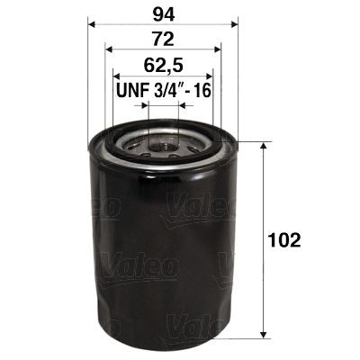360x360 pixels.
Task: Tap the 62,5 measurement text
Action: point(162,66)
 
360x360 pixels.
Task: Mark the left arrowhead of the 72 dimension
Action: point(109,51)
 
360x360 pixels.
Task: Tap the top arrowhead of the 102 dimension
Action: point(262,147)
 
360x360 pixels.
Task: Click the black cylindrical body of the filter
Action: point(162,243)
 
